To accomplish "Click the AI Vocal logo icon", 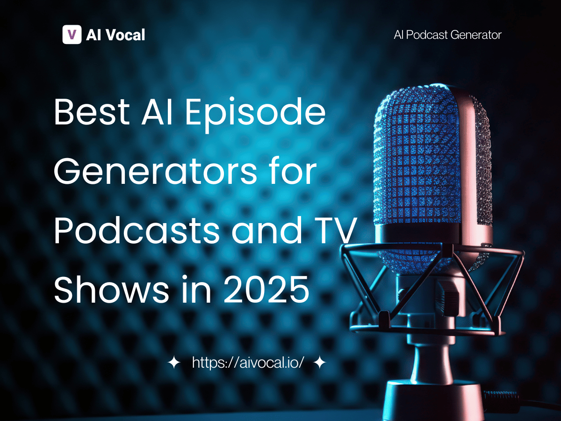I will pyautogui.click(x=72, y=35).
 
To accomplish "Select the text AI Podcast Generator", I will pyautogui.click(x=448, y=35).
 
